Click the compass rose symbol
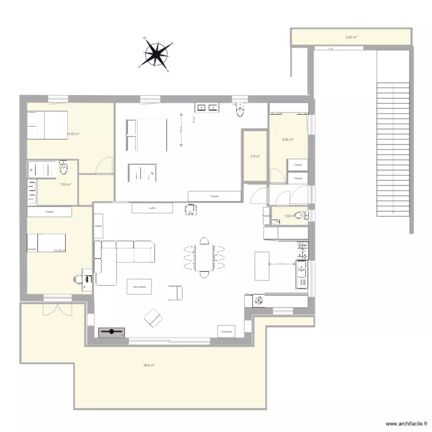coord(156,54)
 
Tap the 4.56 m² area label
coord(351,37)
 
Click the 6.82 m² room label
coord(288,139)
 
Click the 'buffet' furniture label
coord(152,208)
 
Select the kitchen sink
coord(301,274)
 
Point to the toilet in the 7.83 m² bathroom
coord(64,168)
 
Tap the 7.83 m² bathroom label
coord(65,184)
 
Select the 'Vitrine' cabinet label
coord(98,226)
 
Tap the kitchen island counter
coord(262,265)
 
